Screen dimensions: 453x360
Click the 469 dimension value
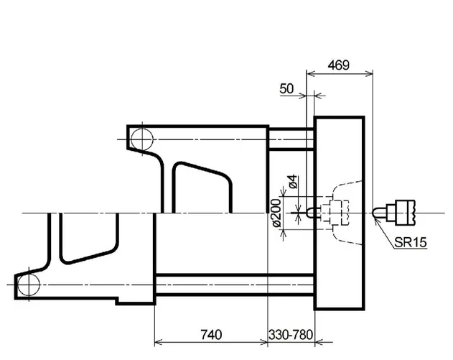pos(338,65)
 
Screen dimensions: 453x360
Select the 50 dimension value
pos(286,89)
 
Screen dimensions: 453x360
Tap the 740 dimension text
pos(211,335)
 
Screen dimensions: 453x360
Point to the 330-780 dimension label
pos(291,335)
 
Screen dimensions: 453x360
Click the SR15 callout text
pos(410,242)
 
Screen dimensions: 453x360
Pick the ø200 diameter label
pos(276,213)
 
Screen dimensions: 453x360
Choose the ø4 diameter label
pos(293,181)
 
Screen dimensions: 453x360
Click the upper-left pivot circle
pos(142,139)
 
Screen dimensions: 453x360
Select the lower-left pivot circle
pos(29,285)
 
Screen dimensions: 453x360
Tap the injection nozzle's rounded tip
pos(376,213)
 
